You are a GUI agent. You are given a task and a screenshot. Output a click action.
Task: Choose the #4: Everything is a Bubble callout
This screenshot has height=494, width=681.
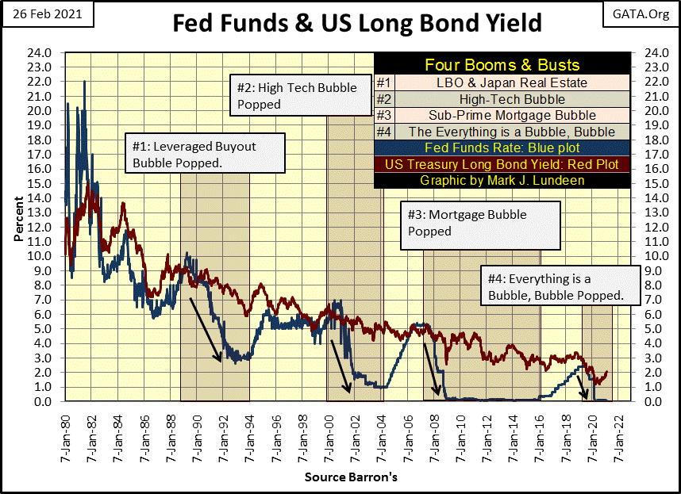point(561,287)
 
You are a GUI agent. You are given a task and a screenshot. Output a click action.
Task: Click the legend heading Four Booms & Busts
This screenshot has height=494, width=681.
point(502,65)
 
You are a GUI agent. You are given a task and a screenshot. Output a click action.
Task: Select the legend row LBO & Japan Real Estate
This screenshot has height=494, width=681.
point(512,82)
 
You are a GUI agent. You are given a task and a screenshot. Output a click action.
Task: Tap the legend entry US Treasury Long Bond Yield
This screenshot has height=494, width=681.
point(502,165)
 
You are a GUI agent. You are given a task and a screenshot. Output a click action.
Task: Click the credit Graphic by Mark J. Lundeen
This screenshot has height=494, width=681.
point(502,181)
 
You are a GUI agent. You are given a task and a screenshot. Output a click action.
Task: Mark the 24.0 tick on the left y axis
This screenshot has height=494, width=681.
point(42,52)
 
